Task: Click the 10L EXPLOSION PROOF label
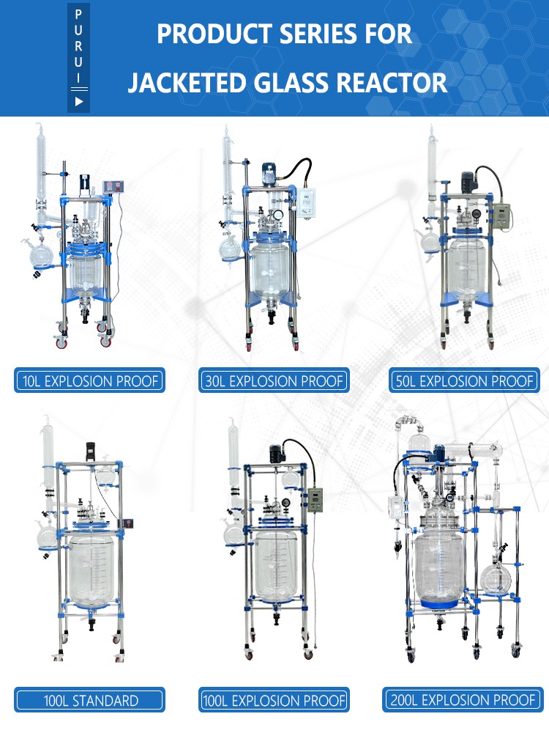coord(89,381)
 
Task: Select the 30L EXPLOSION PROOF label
coord(273,381)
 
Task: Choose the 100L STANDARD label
coord(89,700)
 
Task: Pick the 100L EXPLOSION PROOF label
coord(273,700)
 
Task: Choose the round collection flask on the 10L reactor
coord(41,257)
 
